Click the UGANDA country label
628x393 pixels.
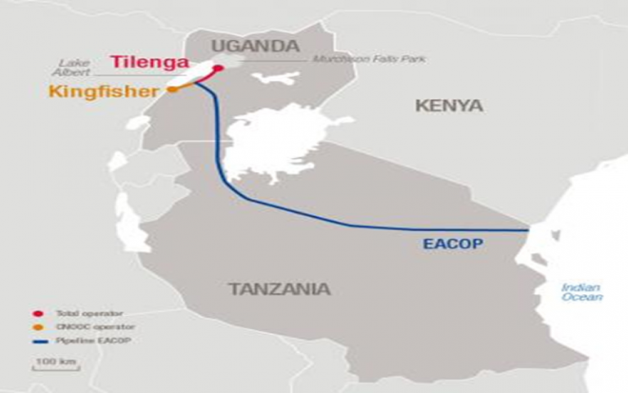(255, 46)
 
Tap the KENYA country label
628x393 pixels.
(449, 106)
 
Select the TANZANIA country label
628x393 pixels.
(280, 289)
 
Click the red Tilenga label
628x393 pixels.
(149, 63)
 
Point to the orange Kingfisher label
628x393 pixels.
(103, 91)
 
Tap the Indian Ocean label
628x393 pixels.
(581, 291)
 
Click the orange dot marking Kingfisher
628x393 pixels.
(173, 89)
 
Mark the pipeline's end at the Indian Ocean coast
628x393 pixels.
(530, 231)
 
